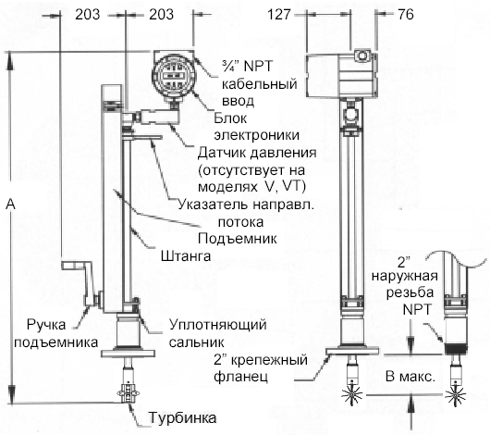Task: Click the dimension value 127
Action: (279, 15)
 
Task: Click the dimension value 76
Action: (406, 15)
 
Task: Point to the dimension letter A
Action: (10, 204)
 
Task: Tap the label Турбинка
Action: (182, 417)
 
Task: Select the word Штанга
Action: (186, 256)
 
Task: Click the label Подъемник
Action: (238, 239)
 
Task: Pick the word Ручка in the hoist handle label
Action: (46, 326)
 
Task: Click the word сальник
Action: (196, 342)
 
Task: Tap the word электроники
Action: (257, 135)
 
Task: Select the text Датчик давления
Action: (257, 153)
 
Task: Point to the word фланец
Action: (240, 376)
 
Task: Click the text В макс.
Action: (410, 377)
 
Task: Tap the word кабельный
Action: (260, 84)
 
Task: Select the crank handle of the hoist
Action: (82, 281)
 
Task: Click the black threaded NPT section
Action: (456, 349)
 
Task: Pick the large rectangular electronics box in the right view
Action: (341, 74)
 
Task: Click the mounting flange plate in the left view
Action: (129, 354)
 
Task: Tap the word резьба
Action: (410, 292)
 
